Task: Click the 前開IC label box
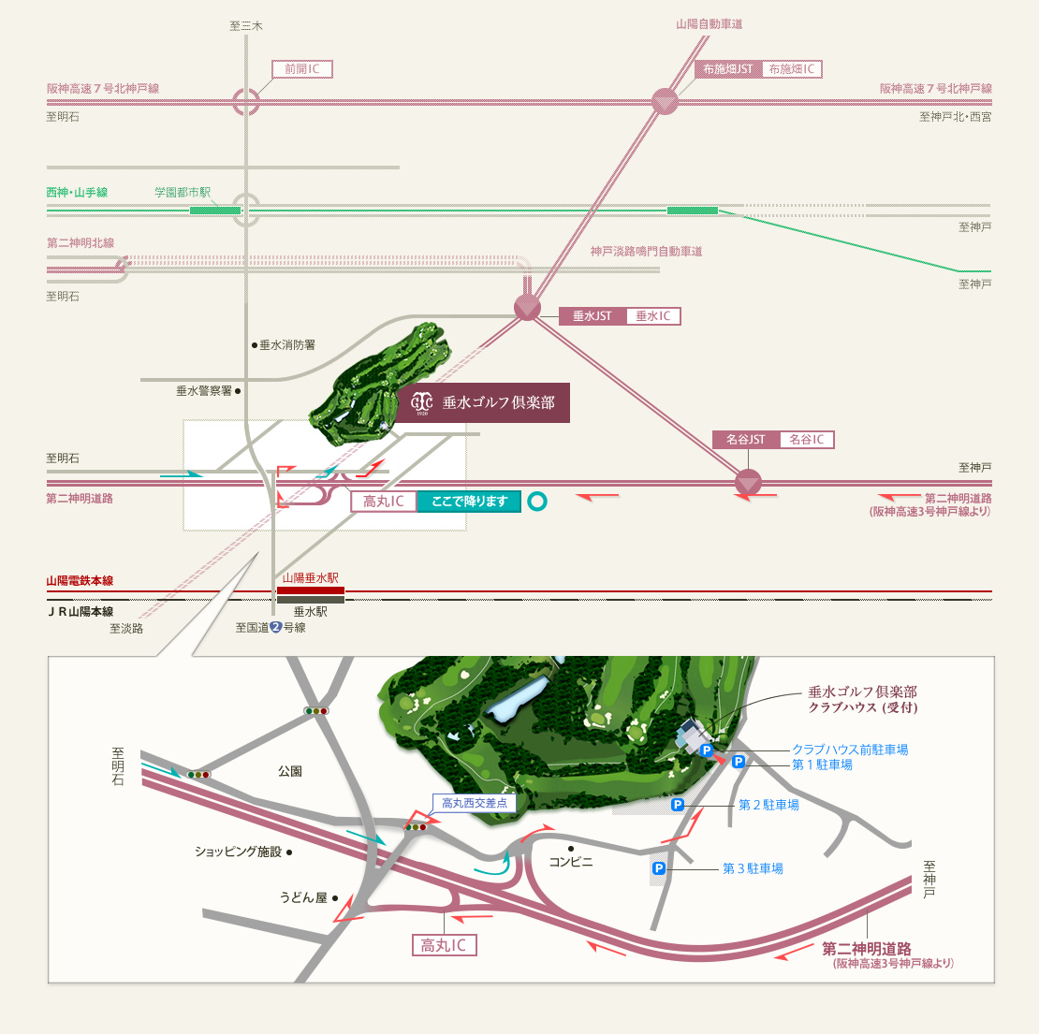[302, 69]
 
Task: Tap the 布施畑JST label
[728, 69]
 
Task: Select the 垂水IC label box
[653, 316]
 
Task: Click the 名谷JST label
[745, 439]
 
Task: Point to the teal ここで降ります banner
[469, 502]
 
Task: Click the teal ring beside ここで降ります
[537, 502]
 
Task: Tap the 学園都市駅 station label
[183, 192]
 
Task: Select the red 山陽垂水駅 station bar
[311, 590]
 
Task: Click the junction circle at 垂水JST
[527, 308]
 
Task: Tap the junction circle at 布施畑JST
[665, 101]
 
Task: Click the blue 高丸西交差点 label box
[475, 804]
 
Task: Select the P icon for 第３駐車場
[659, 867]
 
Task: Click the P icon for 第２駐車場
[677, 805]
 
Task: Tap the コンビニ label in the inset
[571, 862]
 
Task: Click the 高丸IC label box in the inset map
[444, 945]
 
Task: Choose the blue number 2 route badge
[276, 627]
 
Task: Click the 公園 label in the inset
[290, 771]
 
